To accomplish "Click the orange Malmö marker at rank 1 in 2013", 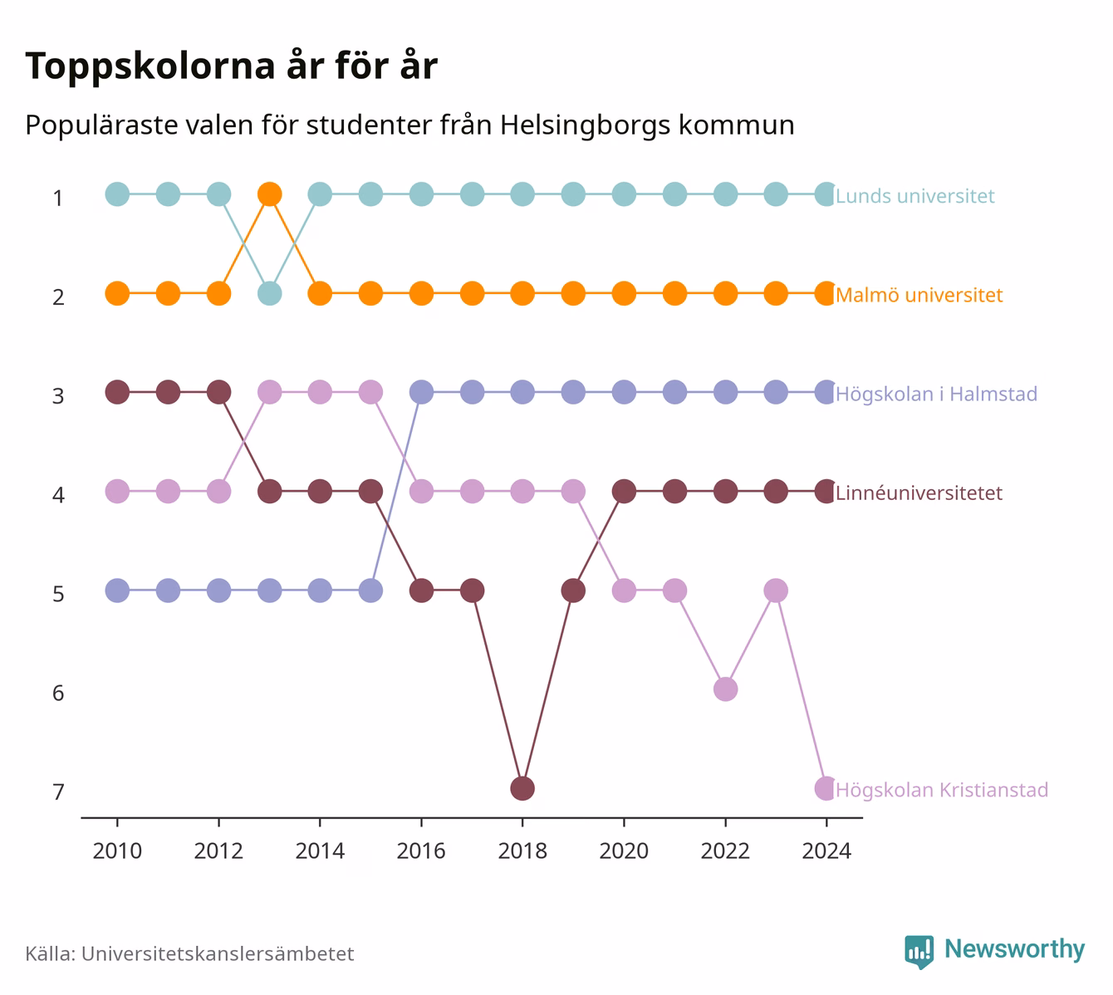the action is coord(270,194).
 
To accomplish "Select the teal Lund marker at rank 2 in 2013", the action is coord(270,294).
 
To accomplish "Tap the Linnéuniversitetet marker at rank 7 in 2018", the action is coord(522,789).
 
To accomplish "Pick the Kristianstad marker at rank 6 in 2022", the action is coord(725,689).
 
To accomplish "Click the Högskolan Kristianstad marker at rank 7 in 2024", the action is coord(826,789).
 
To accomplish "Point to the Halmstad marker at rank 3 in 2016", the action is coord(421,393).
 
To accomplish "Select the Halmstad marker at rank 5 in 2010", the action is coord(118,591).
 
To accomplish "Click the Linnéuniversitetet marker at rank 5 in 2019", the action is coord(573,591).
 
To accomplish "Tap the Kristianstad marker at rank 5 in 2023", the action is coord(776,591).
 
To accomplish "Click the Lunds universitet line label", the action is coord(914,196).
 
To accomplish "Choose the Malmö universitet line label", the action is coord(919,295).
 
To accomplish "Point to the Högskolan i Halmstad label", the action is coord(936,394).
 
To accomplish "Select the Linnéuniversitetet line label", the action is coord(919,493).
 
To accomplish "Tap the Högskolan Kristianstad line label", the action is coord(942,790).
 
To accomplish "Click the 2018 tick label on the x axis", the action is coord(522,851).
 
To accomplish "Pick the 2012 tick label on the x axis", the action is coord(218,851).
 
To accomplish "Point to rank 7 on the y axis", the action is coord(58,792).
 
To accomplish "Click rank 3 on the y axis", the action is coord(58,396).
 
